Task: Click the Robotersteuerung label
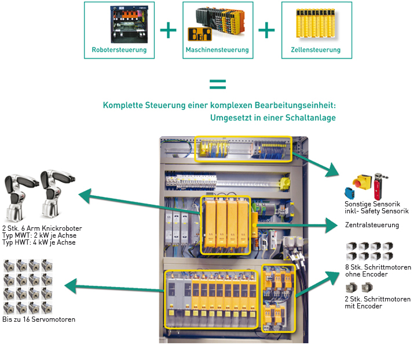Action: coord(119,50)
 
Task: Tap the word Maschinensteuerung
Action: coord(217,50)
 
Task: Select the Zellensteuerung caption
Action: coord(316,50)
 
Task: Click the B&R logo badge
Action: coord(200,34)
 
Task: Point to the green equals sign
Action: coord(218,84)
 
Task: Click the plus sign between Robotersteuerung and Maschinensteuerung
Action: coord(168,30)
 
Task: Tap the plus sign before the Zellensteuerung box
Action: coord(266,30)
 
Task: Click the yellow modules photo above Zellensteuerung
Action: coord(316,23)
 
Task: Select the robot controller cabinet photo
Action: coord(129,24)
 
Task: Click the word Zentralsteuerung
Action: coord(372,226)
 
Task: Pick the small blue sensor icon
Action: coord(350,193)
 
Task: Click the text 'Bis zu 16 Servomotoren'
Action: coord(39,319)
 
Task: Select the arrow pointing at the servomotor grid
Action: coord(114,287)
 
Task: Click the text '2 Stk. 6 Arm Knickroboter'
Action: coord(42,228)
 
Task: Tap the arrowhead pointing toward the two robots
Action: coord(85,197)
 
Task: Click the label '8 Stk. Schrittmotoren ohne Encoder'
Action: coord(378,271)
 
